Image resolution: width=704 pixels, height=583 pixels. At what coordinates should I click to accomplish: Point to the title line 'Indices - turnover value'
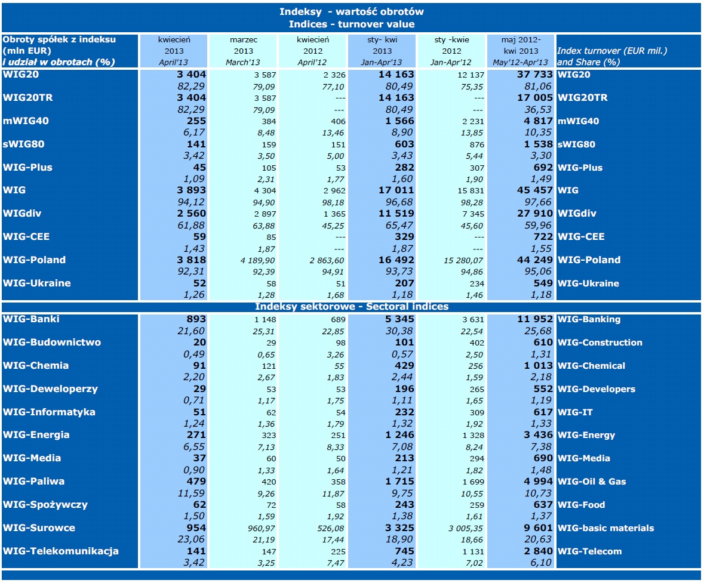pyautogui.click(x=351, y=24)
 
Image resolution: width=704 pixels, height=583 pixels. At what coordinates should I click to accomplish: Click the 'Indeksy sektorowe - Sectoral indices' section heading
pyautogui.click(x=351, y=307)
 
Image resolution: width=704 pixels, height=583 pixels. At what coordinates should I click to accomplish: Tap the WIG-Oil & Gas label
pyautogui.click(x=592, y=482)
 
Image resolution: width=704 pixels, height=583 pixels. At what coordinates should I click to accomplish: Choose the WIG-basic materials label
pyautogui.click(x=605, y=528)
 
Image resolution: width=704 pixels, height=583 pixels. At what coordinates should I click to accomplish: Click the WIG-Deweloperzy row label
pyautogui.click(x=50, y=389)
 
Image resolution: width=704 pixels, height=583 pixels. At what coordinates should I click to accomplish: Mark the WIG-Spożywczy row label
pyautogui.click(x=45, y=505)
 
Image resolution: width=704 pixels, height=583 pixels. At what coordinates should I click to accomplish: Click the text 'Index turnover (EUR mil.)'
pyautogui.click(x=611, y=51)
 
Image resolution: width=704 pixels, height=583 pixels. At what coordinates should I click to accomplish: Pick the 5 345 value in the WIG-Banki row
pyautogui.click(x=396, y=319)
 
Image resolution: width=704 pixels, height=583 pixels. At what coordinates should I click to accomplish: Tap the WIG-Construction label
pyautogui.click(x=600, y=343)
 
